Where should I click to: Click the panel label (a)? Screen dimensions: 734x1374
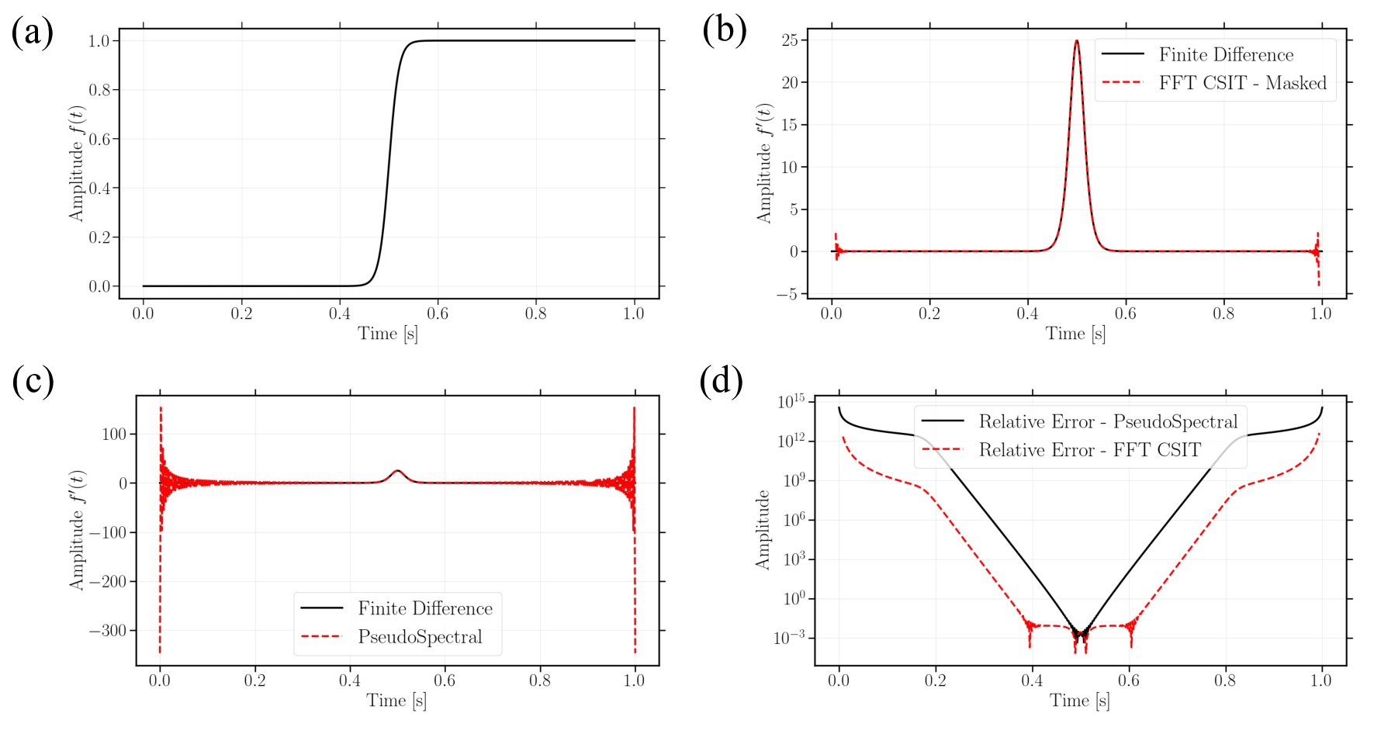33,33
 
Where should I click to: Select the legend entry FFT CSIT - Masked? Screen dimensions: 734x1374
1242,83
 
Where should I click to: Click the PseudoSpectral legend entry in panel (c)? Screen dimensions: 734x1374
420,637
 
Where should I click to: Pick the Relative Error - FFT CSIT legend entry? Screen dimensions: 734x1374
1089,450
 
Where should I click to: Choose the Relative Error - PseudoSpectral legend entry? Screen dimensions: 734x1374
1108,421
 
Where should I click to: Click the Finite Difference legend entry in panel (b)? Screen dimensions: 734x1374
1226,54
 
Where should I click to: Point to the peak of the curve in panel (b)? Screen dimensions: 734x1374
1076,40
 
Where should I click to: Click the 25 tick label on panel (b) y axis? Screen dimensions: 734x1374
789,40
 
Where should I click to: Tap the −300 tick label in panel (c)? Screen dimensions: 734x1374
107,631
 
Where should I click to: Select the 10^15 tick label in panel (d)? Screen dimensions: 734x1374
791,402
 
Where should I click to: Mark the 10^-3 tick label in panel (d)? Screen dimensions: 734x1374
791,638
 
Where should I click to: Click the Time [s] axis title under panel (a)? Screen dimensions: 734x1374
387,334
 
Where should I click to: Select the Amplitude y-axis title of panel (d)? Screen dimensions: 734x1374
763,530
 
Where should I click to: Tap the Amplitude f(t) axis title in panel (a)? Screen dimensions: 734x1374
76,164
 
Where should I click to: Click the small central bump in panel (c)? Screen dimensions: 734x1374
397,472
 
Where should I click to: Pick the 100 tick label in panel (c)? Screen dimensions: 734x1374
114,435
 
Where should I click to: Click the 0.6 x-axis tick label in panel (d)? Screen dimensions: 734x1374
1128,680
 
